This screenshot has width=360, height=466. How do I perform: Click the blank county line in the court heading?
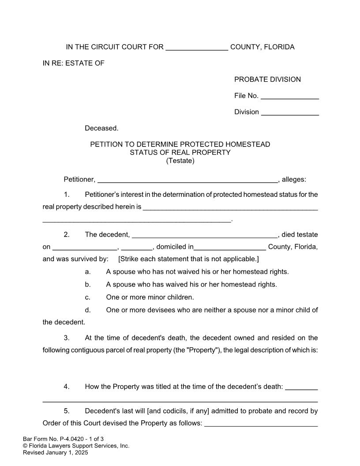(197, 48)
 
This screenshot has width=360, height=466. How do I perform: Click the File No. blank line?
(290, 96)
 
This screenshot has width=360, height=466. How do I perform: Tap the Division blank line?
(290, 113)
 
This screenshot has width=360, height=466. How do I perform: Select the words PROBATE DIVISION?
(267, 79)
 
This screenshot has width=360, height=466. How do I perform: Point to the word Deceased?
(101, 128)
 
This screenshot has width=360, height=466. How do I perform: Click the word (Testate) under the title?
(180, 161)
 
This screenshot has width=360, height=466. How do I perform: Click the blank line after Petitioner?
(187, 180)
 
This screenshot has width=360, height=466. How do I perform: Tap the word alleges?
(294, 180)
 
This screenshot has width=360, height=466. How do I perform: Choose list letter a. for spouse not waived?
(88, 272)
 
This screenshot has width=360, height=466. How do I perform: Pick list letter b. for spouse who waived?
(88, 285)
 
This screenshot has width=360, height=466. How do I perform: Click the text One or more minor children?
(150, 297)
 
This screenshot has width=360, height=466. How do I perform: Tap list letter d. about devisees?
(88, 310)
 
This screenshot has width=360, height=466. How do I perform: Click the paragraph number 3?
(67, 338)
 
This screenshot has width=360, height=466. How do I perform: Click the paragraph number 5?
(67, 411)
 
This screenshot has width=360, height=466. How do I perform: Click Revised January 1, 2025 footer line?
(56, 452)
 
